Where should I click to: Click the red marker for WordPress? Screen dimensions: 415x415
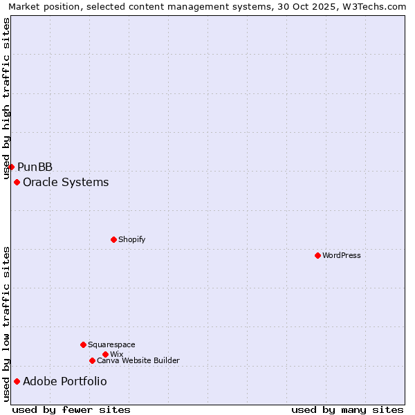coord(317,255)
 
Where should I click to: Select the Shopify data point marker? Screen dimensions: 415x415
coord(113,239)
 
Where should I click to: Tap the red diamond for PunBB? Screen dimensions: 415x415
coord(11,167)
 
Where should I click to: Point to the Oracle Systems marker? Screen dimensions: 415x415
coord(17,182)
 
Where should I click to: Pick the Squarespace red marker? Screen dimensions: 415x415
coord(83,344)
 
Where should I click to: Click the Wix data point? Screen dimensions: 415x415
coord(105,354)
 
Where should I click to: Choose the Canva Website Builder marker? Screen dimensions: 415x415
coord(92,360)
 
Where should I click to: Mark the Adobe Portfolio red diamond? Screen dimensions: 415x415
coord(17,381)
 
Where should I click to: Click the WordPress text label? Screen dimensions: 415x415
coord(342,255)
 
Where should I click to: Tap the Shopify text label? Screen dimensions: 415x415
coord(131,239)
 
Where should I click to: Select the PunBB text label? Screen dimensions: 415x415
coord(35,167)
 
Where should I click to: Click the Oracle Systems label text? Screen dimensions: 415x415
coord(66,182)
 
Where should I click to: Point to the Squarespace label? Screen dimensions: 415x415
coord(111,344)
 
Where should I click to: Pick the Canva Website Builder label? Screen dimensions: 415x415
coord(138,360)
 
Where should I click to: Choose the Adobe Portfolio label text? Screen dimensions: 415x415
coord(65,381)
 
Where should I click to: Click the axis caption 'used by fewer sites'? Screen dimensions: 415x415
coord(71,409)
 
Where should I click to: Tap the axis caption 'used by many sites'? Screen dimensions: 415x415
coord(347,409)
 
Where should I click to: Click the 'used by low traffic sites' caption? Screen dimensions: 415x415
coord(7,324)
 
